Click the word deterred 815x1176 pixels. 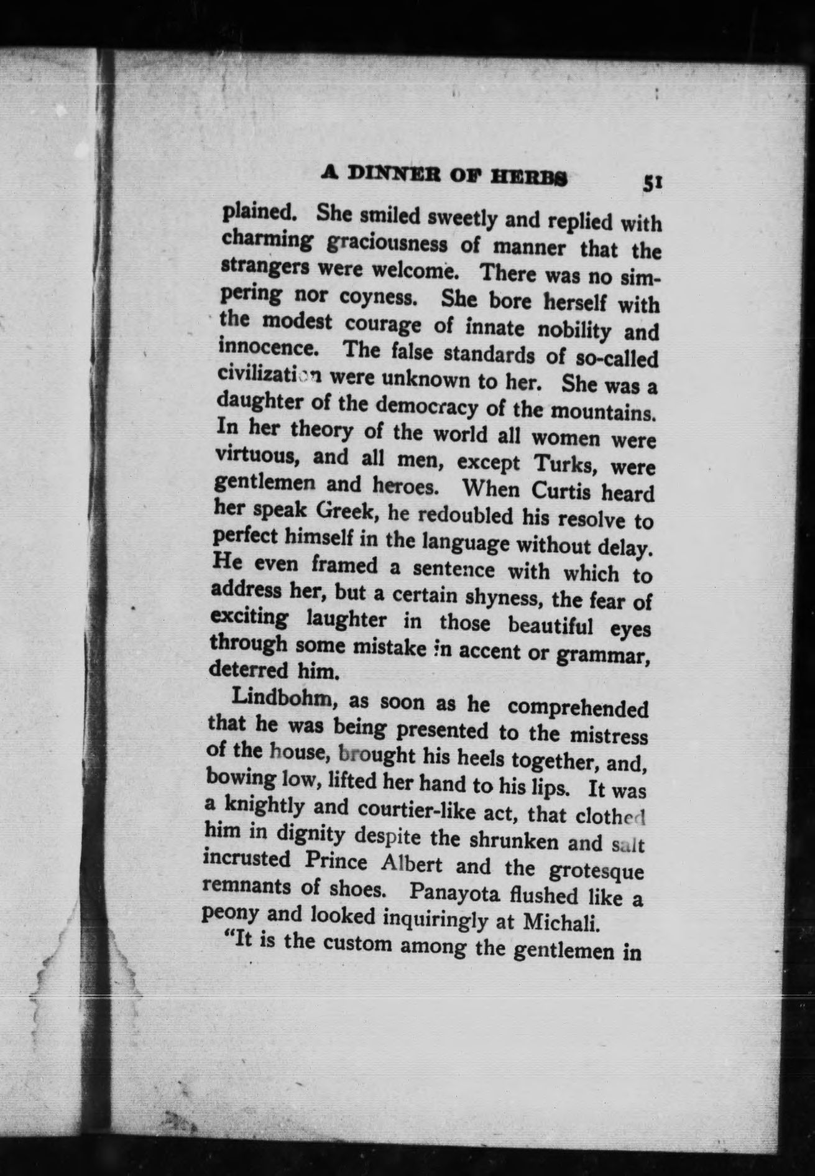[x=240, y=670]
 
